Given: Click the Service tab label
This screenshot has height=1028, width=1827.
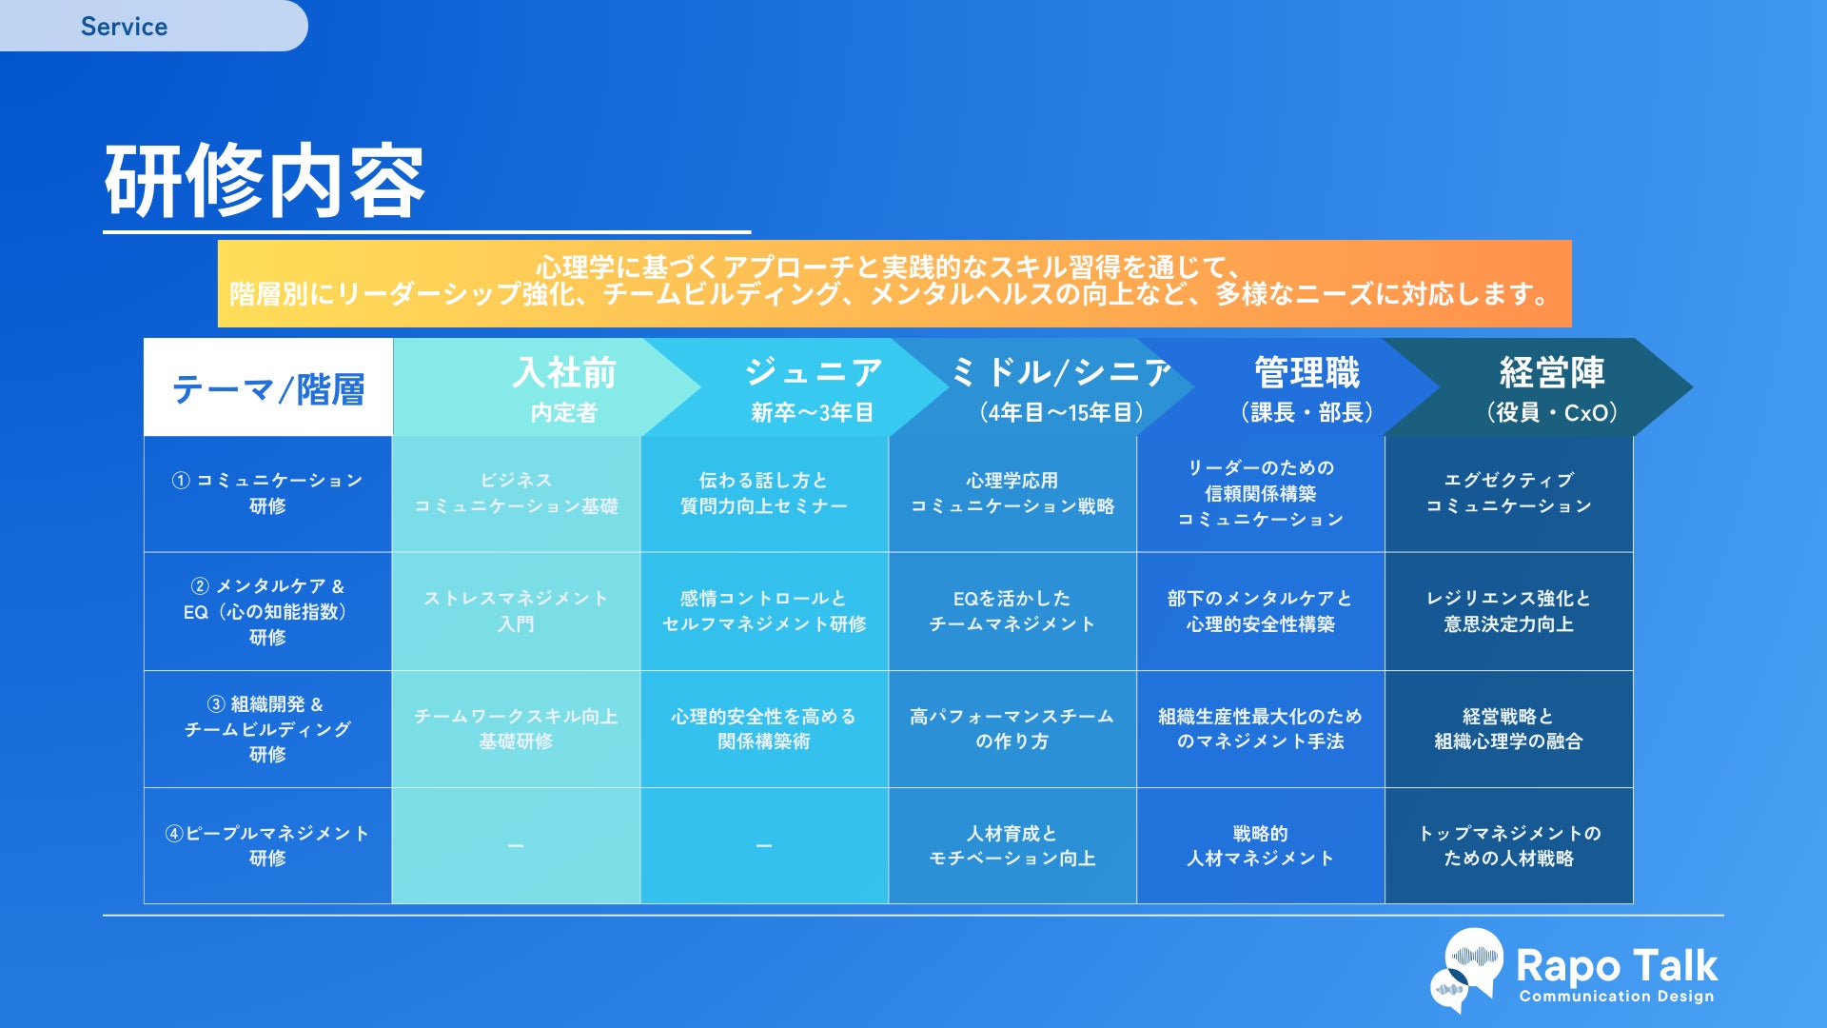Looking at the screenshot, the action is click(x=124, y=27).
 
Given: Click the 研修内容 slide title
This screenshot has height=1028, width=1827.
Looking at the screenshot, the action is click(x=265, y=181).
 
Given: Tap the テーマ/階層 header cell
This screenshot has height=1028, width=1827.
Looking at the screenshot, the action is click(x=268, y=388).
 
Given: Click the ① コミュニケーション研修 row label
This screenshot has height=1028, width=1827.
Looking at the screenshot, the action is click(x=267, y=493).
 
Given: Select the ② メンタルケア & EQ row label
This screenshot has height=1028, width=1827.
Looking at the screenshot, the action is click(x=267, y=611).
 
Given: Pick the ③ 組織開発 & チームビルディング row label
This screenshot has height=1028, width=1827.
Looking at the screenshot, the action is click(x=267, y=729).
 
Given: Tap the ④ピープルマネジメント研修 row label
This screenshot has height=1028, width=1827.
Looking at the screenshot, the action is click(x=267, y=845).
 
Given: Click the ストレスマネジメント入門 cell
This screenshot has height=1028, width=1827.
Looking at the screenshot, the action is click(x=516, y=611).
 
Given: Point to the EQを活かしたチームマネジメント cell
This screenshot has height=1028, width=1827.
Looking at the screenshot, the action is click(x=1012, y=611).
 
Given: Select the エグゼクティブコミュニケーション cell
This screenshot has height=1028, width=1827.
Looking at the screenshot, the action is click(x=1508, y=493).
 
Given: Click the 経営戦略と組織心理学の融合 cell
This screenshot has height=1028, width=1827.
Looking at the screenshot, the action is click(x=1508, y=729).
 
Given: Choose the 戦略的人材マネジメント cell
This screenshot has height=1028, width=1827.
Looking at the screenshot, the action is click(x=1260, y=845).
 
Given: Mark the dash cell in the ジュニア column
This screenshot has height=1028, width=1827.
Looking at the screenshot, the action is click(x=764, y=845).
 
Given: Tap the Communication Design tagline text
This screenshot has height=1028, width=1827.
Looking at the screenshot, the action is click(x=1616, y=997).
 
